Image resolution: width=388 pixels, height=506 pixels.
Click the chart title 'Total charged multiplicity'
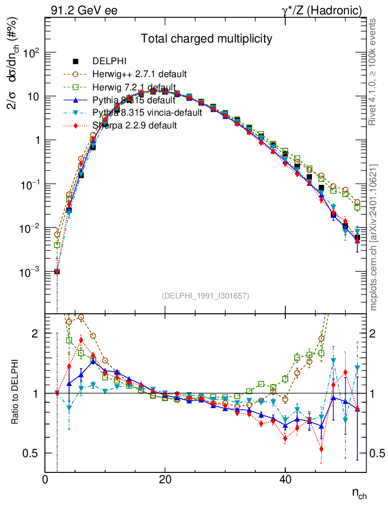207,39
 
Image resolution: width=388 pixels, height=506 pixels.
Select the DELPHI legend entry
110,61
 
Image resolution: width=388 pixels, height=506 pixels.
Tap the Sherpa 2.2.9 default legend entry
135,126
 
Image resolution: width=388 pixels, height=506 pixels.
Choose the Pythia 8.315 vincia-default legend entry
147,113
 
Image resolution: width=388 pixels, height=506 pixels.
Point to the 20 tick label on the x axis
165,479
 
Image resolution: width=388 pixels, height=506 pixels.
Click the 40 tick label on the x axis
285,479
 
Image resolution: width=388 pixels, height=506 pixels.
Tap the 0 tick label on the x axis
45,479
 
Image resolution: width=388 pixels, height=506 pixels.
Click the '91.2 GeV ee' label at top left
84,10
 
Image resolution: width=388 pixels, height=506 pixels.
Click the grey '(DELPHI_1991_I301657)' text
205,296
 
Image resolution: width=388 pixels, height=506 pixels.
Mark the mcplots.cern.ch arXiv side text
374,237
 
